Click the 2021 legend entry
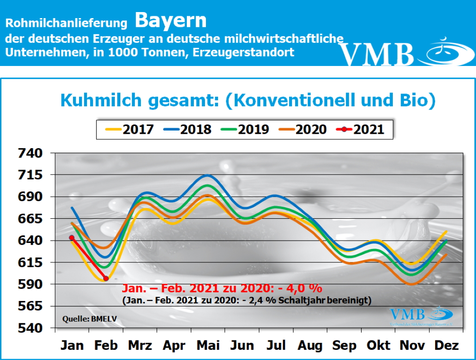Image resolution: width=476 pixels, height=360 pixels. [x=361, y=129]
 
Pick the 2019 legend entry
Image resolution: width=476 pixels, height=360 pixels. [x=246, y=129]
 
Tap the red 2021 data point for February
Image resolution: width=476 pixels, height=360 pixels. [x=106, y=278]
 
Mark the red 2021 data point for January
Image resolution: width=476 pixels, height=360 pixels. [x=72, y=238]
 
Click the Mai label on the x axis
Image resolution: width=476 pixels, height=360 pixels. [x=208, y=346]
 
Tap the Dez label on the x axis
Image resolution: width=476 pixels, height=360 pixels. [x=446, y=346]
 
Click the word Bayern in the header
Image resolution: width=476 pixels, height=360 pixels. [x=171, y=20]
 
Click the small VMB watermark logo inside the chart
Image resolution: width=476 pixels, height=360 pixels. [x=415, y=315]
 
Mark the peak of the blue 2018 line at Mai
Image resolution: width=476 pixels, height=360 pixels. [x=207, y=175]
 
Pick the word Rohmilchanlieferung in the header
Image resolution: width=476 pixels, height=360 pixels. [x=66, y=22]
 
